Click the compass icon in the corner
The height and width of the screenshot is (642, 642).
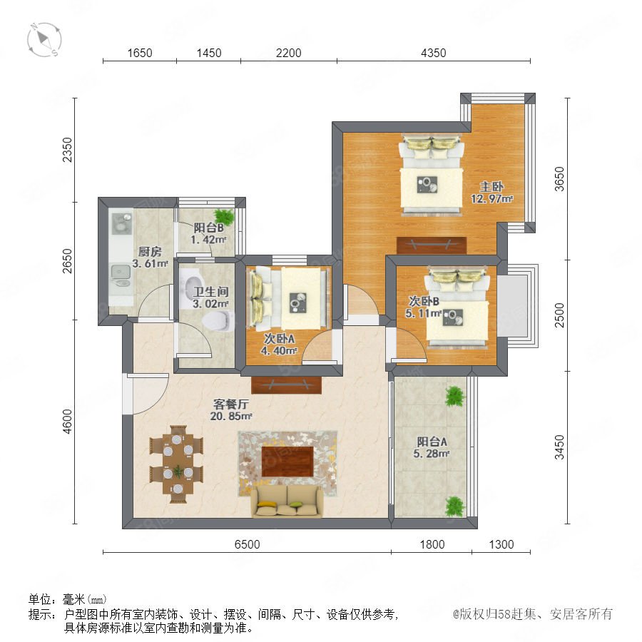coord(44,40)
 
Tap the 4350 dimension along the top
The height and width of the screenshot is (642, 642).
coord(433,53)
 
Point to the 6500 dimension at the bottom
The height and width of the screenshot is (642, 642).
coord(247,544)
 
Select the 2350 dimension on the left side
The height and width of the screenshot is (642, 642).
coord(67,150)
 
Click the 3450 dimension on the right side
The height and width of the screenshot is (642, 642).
coord(559,447)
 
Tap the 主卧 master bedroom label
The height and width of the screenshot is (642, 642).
coord(491,187)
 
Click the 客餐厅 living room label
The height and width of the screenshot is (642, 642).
coord(230,404)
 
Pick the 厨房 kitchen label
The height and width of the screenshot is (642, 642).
coord(150,251)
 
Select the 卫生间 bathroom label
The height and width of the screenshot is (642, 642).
coord(210,292)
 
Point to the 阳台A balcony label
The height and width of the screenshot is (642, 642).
coord(432,442)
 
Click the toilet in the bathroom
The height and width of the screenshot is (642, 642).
coord(219,320)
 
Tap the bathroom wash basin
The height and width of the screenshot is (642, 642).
coord(194,283)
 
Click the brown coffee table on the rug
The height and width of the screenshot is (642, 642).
coord(287,462)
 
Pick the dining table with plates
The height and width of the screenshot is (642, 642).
coord(177,464)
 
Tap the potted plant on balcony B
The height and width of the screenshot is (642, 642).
coord(224,215)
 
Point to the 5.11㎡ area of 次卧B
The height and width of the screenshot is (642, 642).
coord(423,314)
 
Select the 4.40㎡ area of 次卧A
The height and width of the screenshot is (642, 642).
coord(279,351)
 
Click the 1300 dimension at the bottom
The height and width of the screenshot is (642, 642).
coord(501,544)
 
